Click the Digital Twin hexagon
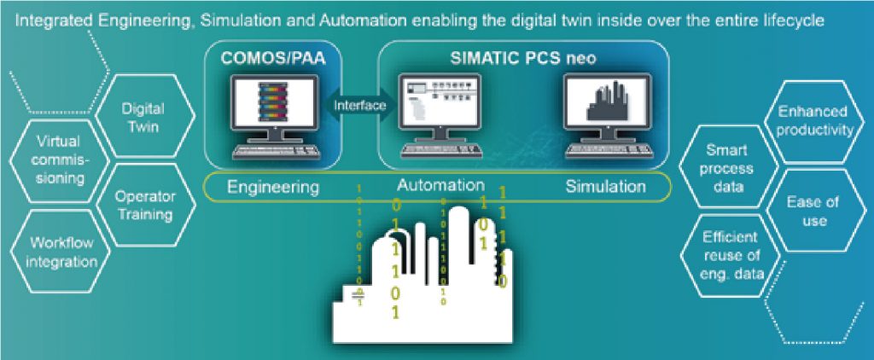coord(143,119)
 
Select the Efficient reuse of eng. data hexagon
coord(726,255)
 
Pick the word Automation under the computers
coord(440,185)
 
